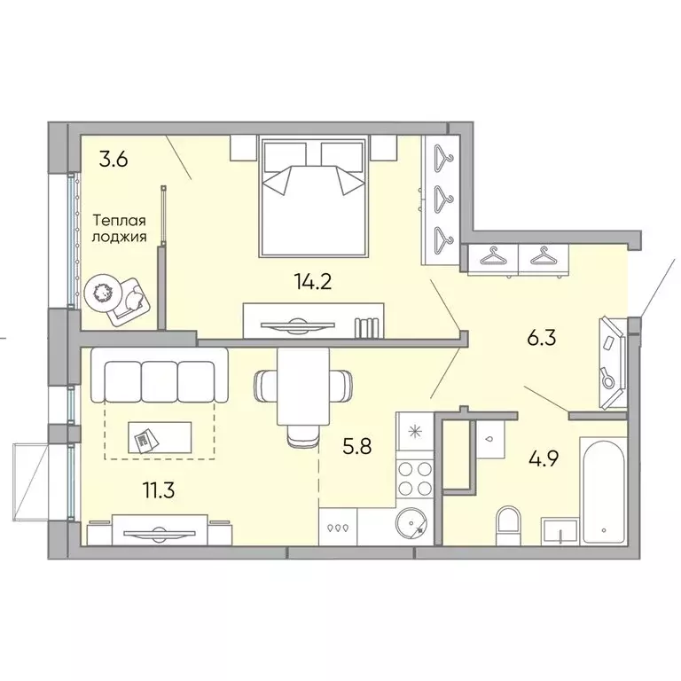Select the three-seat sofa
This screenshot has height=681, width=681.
click(x=159, y=377)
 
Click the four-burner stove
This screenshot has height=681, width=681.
click(x=413, y=478)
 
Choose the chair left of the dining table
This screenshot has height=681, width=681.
click(x=266, y=386)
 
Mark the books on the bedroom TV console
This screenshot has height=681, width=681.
click(x=366, y=326)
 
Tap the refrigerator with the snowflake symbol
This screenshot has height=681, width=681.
click(x=413, y=434)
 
